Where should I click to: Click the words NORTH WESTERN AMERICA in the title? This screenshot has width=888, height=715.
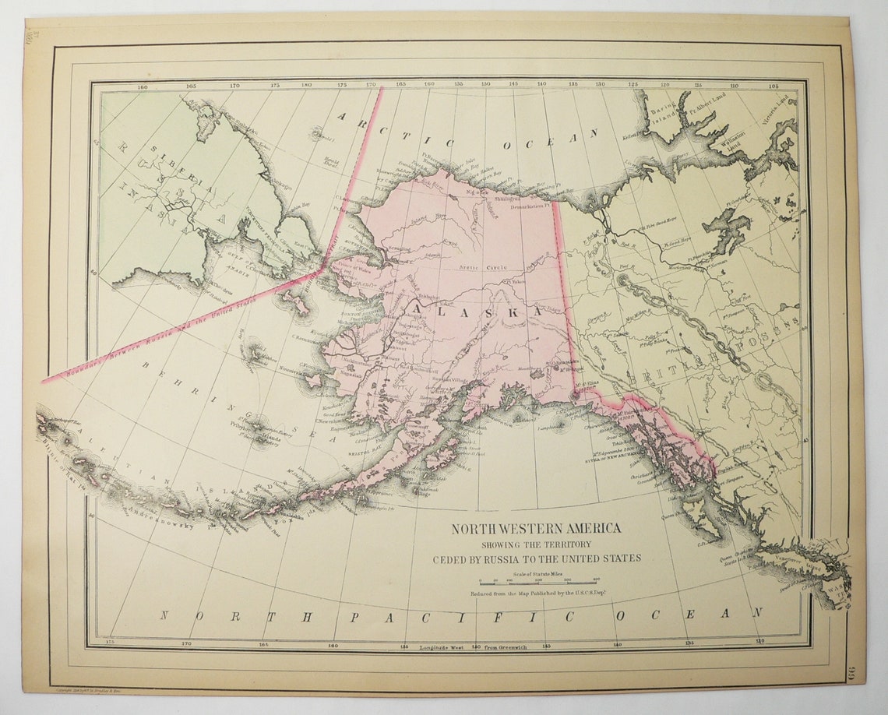(537, 529)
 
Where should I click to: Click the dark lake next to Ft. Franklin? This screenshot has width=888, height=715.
(726, 226)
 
